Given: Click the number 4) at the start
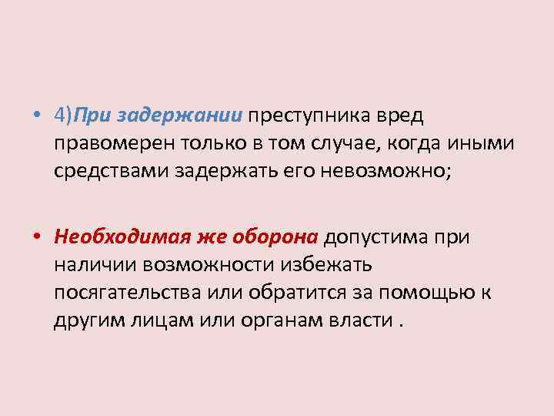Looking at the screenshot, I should pos(64,115).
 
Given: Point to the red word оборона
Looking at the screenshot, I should pos(272,237).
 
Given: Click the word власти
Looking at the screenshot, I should pos(365,320).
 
